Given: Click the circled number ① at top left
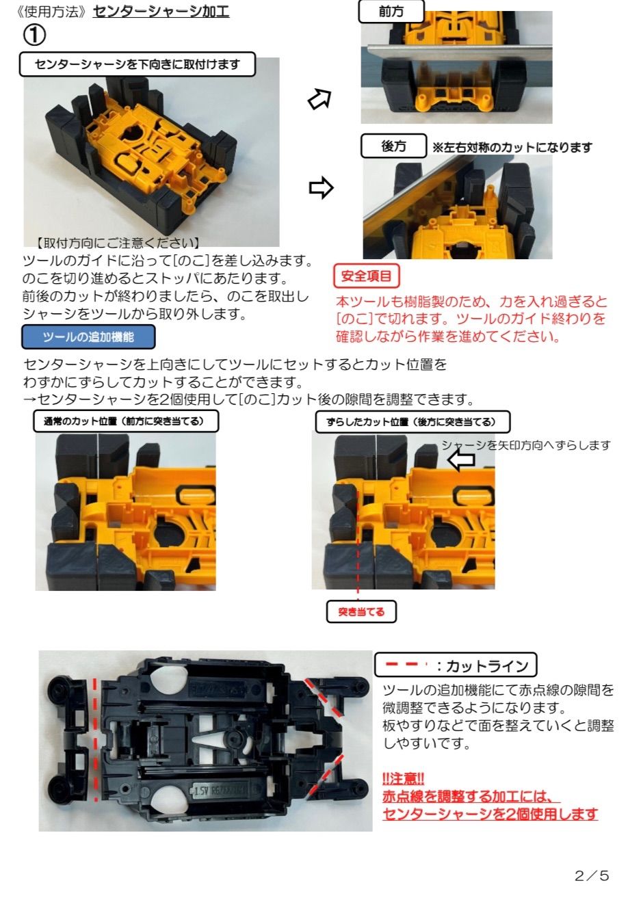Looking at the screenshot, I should pyautogui.click(x=34, y=34).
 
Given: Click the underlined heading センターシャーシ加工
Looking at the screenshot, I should pyautogui.click(x=161, y=12).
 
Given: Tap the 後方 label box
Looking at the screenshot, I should pyautogui.click(x=393, y=146).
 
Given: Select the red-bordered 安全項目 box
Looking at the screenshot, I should pyautogui.click(x=366, y=276).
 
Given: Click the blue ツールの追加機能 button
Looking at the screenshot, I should pyautogui.click(x=88, y=337).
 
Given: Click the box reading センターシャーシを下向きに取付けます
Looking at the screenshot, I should pyautogui.click(x=138, y=64).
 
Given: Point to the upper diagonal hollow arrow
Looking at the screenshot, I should pyautogui.click(x=319, y=100).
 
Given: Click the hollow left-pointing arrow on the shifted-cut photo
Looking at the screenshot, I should pyautogui.click(x=461, y=460).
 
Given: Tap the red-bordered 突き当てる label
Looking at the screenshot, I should pyautogui.click(x=361, y=611).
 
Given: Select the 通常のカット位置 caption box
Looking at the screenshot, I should pyautogui.click(x=127, y=421).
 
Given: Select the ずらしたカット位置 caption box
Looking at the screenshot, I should pyautogui.click(x=413, y=422).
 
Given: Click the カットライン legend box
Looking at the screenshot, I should pyautogui.click(x=456, y=665).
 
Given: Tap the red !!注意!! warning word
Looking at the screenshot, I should pyautogui.click(x=404, y=778).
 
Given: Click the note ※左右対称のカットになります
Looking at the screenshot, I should pyautogui.click(x=512, y=147).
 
